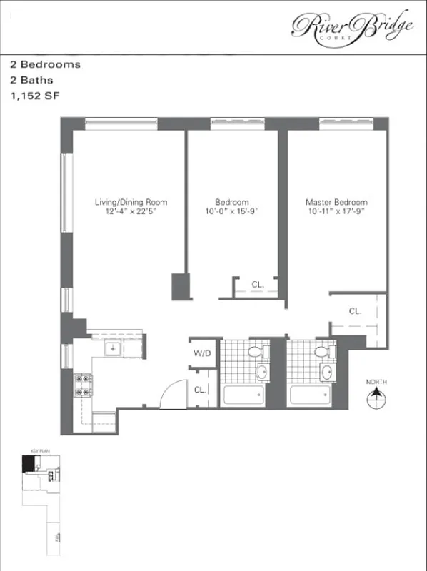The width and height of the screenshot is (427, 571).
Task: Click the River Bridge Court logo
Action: click(352, 26)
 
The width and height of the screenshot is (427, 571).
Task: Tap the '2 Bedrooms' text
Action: click(45, 64)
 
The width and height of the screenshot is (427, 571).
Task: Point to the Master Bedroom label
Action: click(336, 203)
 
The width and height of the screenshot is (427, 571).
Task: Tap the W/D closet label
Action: click(201, 353)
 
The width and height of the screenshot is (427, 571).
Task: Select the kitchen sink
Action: click(112, 348)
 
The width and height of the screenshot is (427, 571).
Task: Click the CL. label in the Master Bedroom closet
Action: click(355, 311)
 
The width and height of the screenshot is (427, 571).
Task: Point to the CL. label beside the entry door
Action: click(201, 389)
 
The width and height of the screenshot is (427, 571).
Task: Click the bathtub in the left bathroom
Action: click(243, 395)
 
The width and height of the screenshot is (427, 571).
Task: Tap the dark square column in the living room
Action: click(179, 287)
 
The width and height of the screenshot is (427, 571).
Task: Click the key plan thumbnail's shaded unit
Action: click(27, 465)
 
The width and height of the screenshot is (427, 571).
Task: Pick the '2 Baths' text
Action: click(31, 81)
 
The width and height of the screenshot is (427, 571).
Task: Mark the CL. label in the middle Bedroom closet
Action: click(258, 285)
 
